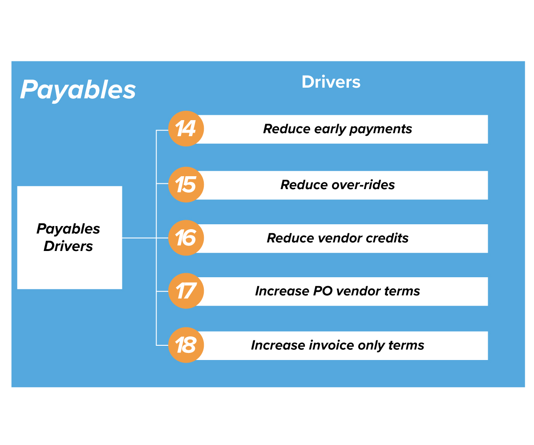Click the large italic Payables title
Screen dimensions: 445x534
tap(78, 90)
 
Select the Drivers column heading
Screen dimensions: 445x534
tap(331, 82)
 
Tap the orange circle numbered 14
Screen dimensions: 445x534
tap(186, 129)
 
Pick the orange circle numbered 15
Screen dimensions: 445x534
tap(186, 185)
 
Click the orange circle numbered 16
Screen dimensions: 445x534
tap(186, 238)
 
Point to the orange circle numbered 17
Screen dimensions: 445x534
tap(186, 291)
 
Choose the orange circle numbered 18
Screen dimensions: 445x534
tap(186, 345)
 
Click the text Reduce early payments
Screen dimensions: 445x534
tap(337, 129)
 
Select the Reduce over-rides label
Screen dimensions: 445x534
tap(337, 185)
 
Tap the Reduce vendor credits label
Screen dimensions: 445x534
tap(337, 238)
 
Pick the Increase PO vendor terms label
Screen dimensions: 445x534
tap(337, 291)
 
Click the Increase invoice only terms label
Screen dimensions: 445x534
tap(337, 345)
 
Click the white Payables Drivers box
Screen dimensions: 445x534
tap(69, 237)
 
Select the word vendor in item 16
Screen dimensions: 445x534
tap(340, 238)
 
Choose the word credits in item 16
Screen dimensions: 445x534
tap(387, 238)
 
